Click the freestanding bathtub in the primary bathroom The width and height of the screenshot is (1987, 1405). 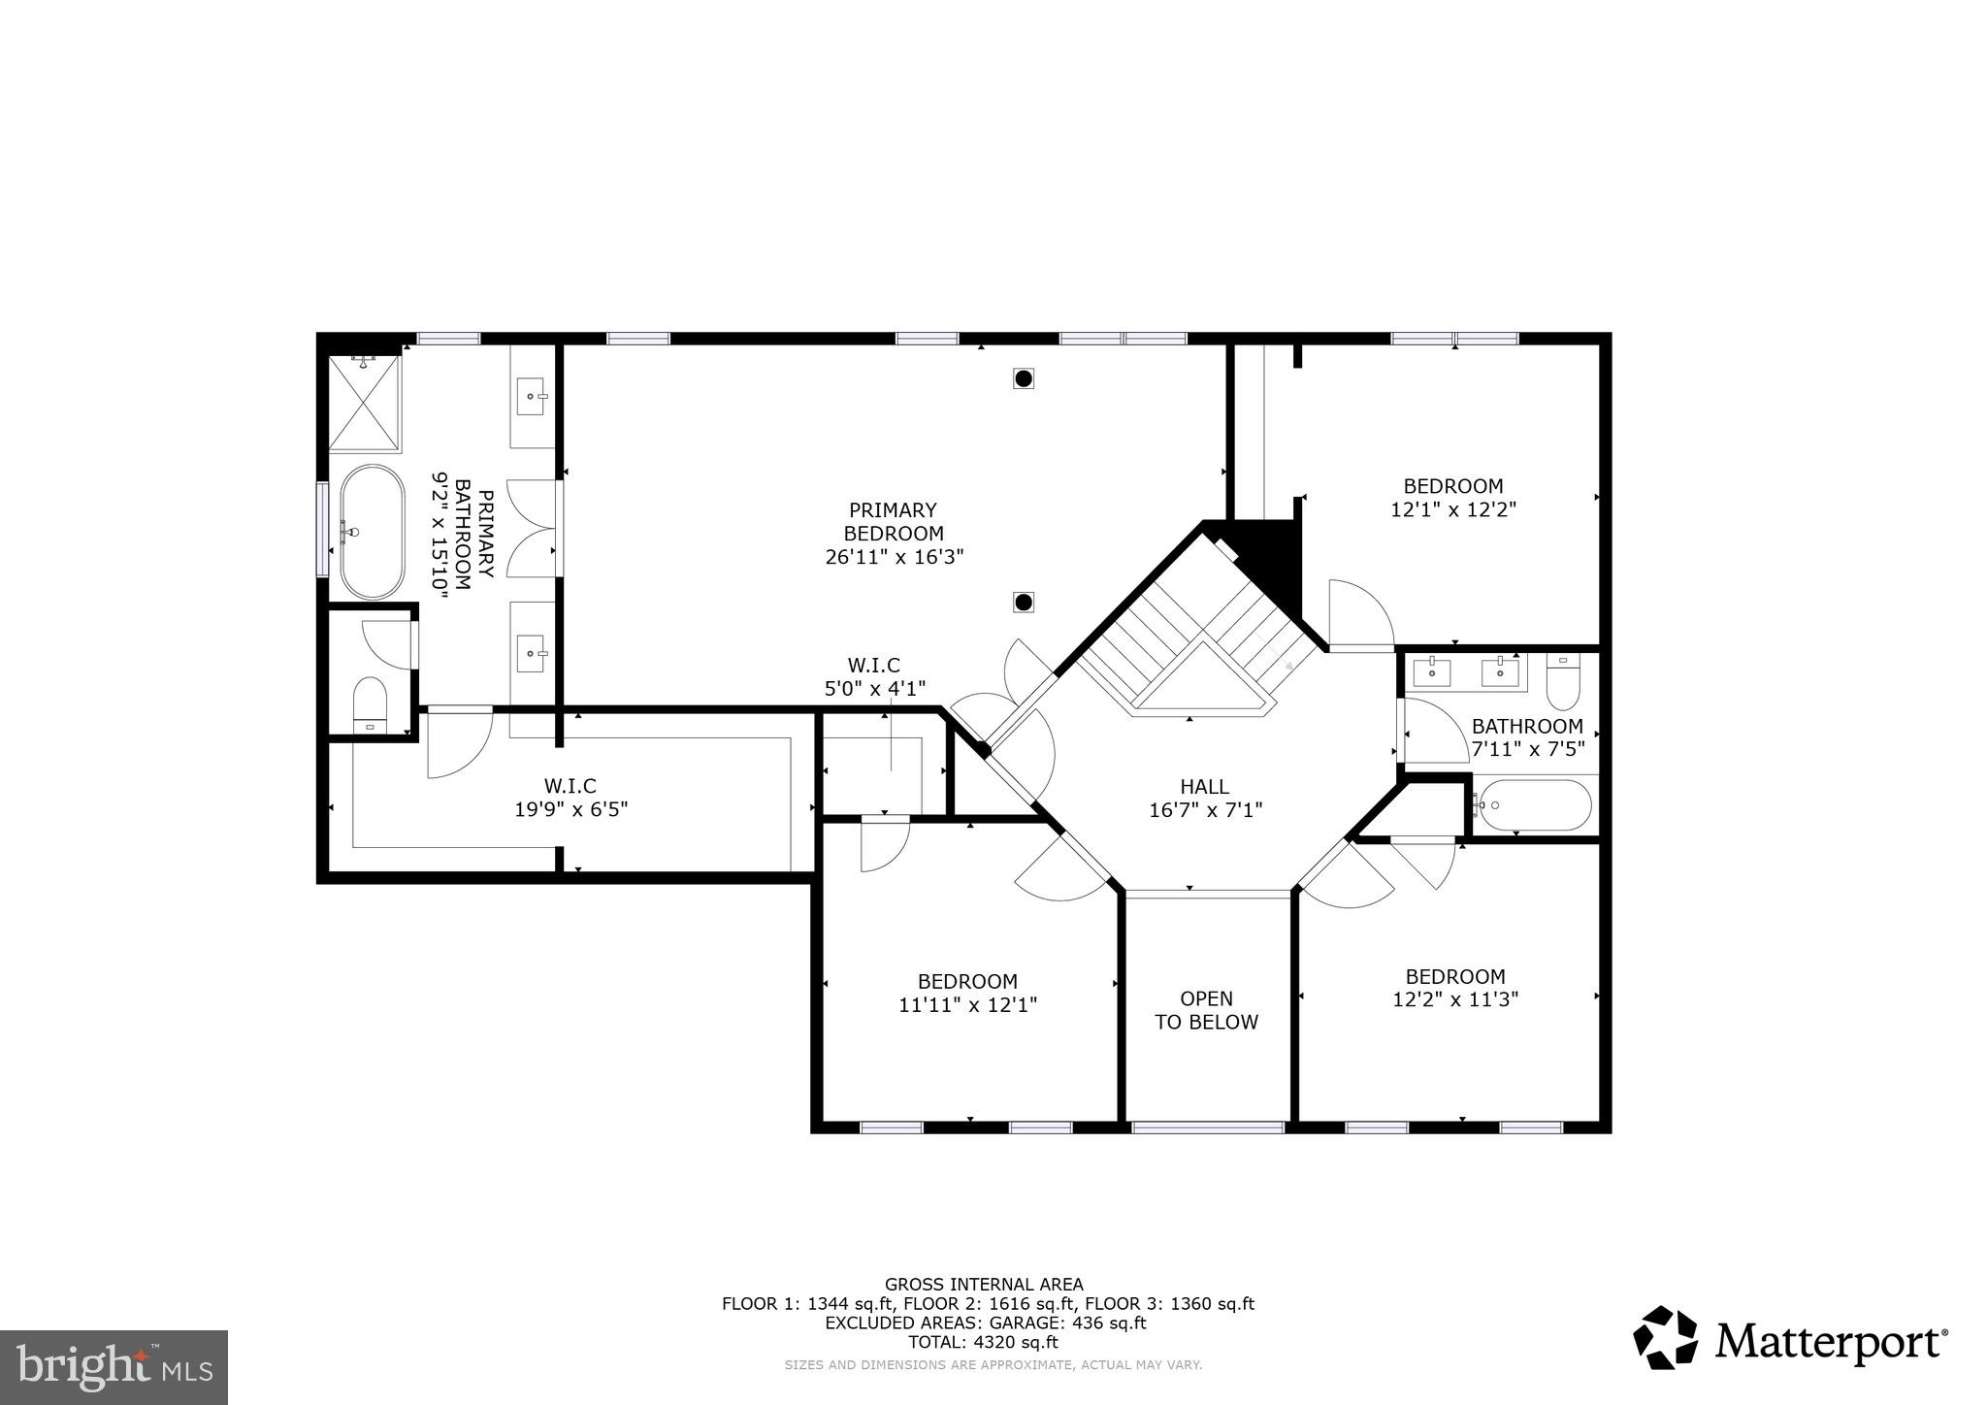click(372, 532)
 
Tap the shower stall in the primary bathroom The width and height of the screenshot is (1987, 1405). click(364, 404)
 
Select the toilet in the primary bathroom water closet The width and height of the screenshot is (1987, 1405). click(370, 704)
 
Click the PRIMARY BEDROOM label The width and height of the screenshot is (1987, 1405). click(893, 522)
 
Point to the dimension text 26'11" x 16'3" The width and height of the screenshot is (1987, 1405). click(894, 557)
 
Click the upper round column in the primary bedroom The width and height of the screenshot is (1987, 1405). click(1023, 378)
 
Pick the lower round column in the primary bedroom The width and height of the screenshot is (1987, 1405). click(1023, 603)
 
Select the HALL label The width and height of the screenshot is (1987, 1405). click(1204, 787)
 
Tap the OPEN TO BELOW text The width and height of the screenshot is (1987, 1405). click(1206, 1010)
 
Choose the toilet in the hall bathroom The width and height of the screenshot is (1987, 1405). click(1562, 682)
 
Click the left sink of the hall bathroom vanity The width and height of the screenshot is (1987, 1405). click(1432, 670)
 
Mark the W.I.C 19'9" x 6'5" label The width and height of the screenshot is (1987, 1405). click(570, 797)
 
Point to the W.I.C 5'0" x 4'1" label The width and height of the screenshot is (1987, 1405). click(873, 676)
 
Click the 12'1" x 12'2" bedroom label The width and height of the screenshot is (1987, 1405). click(1452, 497)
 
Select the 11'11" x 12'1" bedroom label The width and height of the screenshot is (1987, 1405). click(967, 993)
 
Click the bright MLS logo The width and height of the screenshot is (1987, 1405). click(114, 1367)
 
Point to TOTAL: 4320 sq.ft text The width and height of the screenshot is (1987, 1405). click(983, 1343)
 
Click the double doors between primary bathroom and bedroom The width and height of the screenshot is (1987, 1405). click(532, 529)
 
